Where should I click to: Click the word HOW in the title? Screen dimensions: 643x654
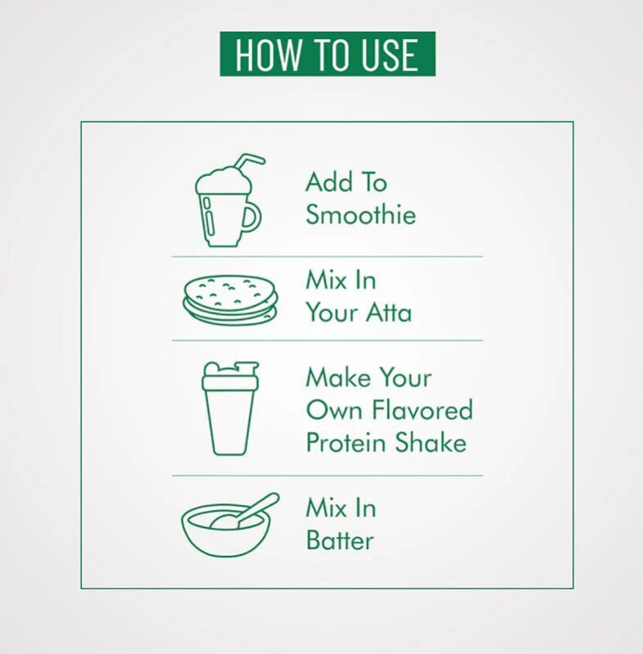[267, 55]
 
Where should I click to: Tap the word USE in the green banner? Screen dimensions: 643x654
[389, 55]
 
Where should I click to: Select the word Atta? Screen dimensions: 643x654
[389, 312]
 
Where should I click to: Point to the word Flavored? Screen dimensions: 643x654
[423, 409]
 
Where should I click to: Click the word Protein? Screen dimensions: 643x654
[346, 442]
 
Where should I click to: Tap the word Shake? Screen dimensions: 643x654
[431, 442]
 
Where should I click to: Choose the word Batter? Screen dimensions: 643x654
[340, 540]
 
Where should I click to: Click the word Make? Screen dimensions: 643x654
[338, 377]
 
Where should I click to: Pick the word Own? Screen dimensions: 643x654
[334, 409]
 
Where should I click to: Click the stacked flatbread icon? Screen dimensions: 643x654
[230, 299]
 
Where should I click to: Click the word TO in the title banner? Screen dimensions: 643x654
[329, 55]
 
